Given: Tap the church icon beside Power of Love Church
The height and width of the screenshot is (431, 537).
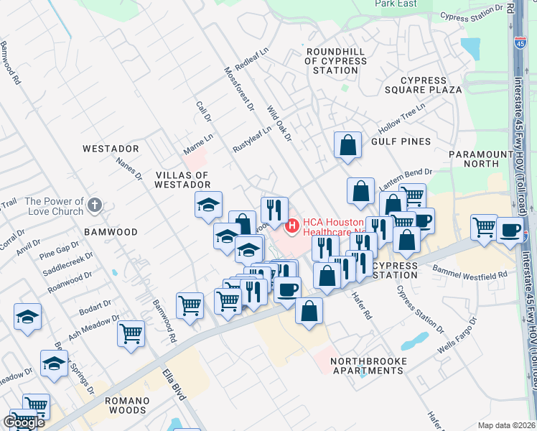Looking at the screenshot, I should coord(94,207).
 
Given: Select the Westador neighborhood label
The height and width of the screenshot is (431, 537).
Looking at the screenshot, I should coord(110,149).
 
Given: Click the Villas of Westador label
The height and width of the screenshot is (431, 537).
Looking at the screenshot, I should coord(182,180).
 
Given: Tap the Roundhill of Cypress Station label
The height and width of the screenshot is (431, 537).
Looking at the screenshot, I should coord(336,56).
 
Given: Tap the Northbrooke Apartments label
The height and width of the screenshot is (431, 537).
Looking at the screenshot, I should coord(369,366).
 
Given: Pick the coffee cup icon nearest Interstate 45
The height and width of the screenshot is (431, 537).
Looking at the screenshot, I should coord(510,230).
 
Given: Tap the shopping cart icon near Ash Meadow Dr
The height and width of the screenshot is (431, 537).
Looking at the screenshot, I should coord(131,333).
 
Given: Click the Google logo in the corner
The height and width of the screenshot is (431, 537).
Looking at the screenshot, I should coord(24,422).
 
